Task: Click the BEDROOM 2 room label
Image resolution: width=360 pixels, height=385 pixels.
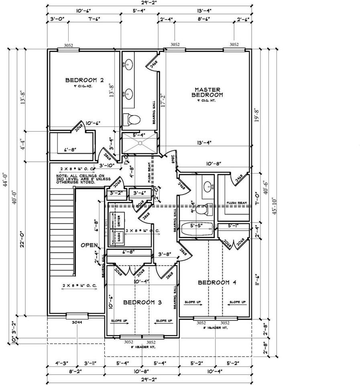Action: (x=85, y=80)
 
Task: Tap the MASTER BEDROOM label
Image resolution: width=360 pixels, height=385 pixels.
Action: (x=207, y=92)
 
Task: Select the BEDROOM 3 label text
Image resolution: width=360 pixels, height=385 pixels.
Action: (x=142, y=302)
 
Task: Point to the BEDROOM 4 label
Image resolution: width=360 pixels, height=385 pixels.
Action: (x=217, y=282)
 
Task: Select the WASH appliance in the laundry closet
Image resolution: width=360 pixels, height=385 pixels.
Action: (x=119, y=237)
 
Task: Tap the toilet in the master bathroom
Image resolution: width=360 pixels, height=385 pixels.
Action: (x=132, y=119)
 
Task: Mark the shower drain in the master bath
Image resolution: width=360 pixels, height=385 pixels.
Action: (x=140, y=142)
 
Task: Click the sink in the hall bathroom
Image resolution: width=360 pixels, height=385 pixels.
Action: (x=208, y=186)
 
